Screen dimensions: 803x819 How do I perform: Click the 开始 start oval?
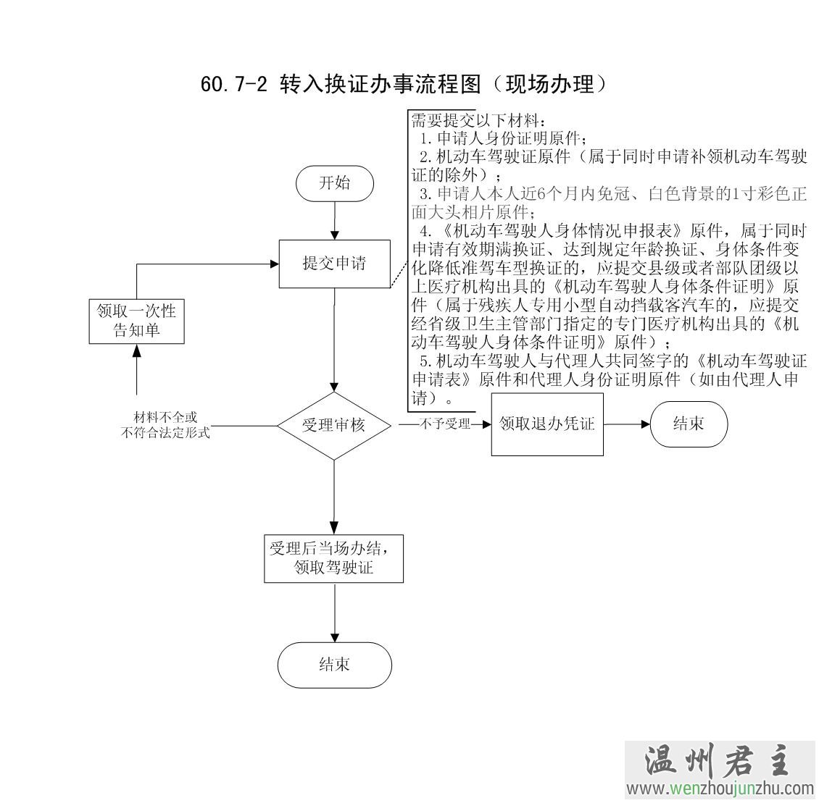[x=334, y=183]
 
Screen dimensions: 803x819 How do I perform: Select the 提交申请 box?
[x=334, y=264]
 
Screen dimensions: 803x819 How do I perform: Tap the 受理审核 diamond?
[x=334, y=426]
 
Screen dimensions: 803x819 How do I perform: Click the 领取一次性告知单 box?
[x=136, y=321]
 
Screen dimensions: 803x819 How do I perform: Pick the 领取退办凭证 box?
[x=547, y=424]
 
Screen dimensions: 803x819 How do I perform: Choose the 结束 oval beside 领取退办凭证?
[x=688, y=424]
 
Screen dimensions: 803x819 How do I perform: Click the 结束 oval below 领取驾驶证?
[x=334, y=665]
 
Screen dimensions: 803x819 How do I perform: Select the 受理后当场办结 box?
[x=334, y=558]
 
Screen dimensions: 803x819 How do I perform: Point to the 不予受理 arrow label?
[x=444, y=424]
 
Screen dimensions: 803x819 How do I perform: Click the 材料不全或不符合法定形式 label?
[x=165, y=426]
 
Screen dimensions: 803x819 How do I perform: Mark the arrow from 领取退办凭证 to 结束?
[x=626, y=424]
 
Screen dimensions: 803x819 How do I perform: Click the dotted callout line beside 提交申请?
[x=399, y=275]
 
